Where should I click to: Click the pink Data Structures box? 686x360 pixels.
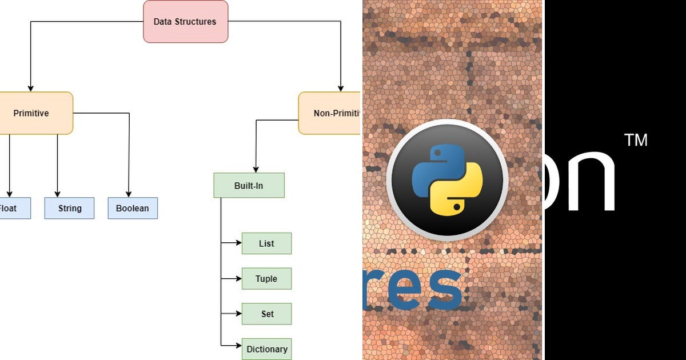(185, 22)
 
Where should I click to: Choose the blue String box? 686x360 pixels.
(70, 209)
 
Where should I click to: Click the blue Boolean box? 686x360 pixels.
(133, 209)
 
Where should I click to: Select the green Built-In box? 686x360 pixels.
(249, 186)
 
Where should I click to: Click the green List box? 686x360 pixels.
(266, 243)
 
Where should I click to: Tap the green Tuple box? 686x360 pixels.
(266, 279)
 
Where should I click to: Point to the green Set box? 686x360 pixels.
(266, 314)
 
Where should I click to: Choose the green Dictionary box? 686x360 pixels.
(266, 349)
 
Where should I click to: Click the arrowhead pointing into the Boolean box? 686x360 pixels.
(129, 194)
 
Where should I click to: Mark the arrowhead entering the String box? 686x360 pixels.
(57, 194)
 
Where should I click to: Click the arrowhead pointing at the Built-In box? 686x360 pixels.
(255, 169)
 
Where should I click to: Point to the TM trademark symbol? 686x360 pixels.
(636, 140)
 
